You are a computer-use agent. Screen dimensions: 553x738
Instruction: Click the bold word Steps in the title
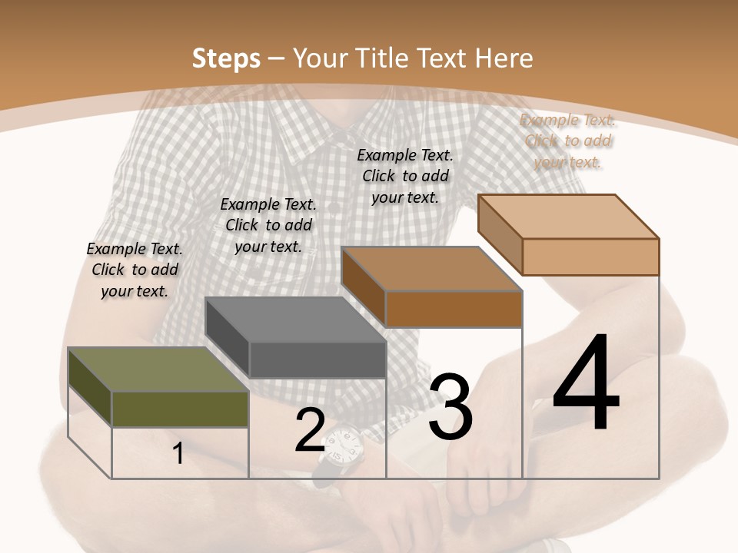225,58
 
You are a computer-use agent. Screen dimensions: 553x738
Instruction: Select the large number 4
586,384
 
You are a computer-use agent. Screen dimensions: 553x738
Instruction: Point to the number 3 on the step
450,407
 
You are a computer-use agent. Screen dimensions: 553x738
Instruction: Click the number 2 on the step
310,431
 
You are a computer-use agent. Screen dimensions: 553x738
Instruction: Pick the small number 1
178,454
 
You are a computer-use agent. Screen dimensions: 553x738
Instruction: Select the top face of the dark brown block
431,269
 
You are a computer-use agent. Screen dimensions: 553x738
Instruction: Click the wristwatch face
342,445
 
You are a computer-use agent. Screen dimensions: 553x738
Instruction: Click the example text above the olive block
135,270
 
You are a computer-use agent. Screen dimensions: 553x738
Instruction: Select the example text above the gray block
268,225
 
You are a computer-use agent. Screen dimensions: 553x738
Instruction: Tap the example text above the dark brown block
405,176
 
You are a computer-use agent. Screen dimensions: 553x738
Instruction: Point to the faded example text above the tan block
568,141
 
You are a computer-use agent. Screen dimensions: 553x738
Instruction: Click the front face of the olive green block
180,409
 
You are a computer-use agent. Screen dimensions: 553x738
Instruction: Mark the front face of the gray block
317,359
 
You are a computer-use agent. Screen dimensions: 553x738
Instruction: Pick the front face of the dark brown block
454,309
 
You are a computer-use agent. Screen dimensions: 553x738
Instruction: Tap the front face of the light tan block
590,257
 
